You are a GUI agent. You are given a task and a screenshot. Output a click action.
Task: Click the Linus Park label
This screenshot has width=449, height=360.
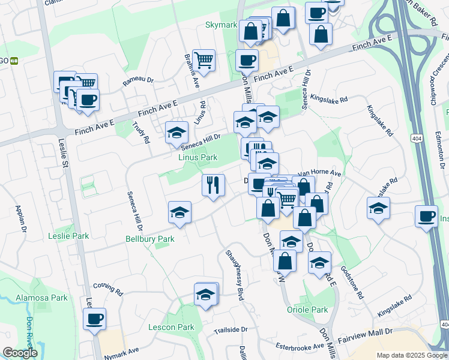point(197,157)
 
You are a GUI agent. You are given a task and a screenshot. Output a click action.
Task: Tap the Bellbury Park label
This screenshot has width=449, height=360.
point(149,239)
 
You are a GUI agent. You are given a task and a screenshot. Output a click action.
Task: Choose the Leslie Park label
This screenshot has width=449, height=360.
point(68,236)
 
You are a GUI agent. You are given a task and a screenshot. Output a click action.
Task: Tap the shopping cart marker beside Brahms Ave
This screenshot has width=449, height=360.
point(203,60)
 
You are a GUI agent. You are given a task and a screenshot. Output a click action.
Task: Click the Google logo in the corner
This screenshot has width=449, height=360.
point(19,353)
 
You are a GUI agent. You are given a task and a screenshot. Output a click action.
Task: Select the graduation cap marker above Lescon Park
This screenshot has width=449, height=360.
point(206,294)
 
